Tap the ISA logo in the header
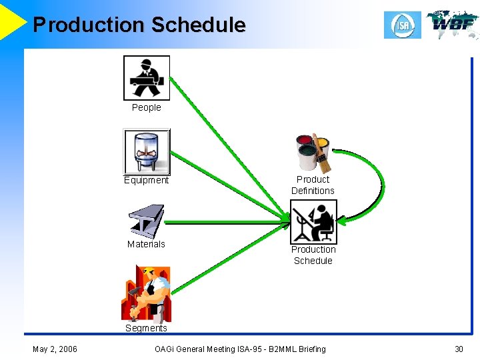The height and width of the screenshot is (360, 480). (402, 25)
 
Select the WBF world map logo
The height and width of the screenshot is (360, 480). (453, 25)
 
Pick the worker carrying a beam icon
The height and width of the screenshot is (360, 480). (147, 78)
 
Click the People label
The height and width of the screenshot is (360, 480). (146, 107)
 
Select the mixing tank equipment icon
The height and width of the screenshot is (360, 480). (147, 151)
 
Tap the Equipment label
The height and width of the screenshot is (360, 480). (146, 180)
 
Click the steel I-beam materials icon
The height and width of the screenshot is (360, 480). (146, 221)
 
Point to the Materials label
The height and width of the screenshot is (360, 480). (146, 244)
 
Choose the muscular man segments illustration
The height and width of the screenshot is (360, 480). (146, 293)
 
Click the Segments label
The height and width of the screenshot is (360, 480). (146, 328)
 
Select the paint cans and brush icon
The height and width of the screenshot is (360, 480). (313, 153)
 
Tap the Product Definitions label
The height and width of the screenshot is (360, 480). (313, 185)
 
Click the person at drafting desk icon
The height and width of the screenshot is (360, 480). (313, 222)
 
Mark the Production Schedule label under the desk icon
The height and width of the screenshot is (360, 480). (313, 255)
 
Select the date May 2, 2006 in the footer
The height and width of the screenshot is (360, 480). (55, 349)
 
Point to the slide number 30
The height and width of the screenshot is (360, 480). (459, 349)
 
